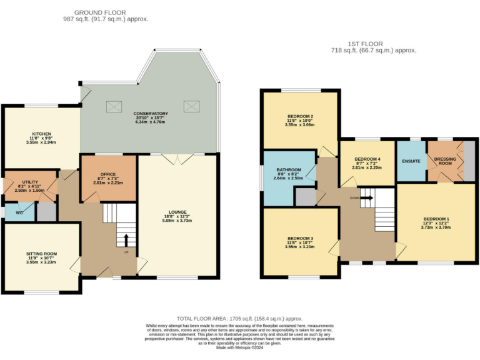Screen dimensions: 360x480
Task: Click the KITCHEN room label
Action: [41, 134]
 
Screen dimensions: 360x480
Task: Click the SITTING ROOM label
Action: [42, 254]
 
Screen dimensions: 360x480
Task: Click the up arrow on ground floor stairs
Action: [126, 239]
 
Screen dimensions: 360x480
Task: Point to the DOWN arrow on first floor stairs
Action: [367, 197]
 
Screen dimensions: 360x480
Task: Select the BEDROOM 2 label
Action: [300, 116]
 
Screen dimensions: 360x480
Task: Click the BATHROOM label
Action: [288, 169]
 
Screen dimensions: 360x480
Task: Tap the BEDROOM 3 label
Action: [300, 238]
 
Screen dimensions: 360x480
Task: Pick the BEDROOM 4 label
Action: [366, 159]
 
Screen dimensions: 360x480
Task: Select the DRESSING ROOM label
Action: [445, 161]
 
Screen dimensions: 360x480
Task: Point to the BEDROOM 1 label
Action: [436, 218]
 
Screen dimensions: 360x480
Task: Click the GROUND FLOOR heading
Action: [99, 12]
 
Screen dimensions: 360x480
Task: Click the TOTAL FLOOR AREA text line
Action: [244, 317]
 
